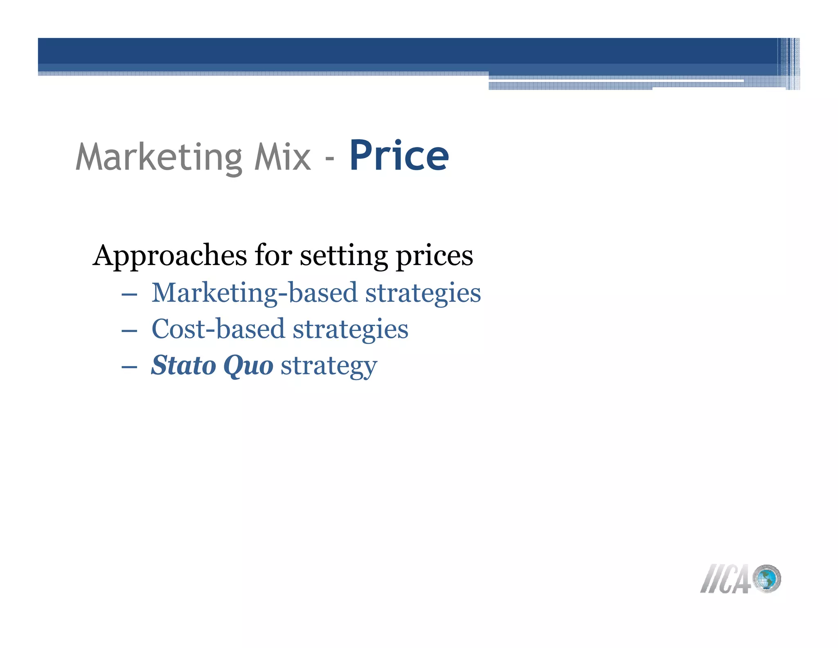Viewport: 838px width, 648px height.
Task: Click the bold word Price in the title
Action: pos(399,156)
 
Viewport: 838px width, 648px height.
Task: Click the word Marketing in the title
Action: pos(160,157)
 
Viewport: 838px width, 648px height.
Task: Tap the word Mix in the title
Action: pos(282,157)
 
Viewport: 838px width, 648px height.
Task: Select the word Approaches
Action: pos(170,256)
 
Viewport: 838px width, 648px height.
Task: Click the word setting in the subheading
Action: pos(344,256)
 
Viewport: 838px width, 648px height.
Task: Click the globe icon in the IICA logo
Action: pos(767,579)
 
